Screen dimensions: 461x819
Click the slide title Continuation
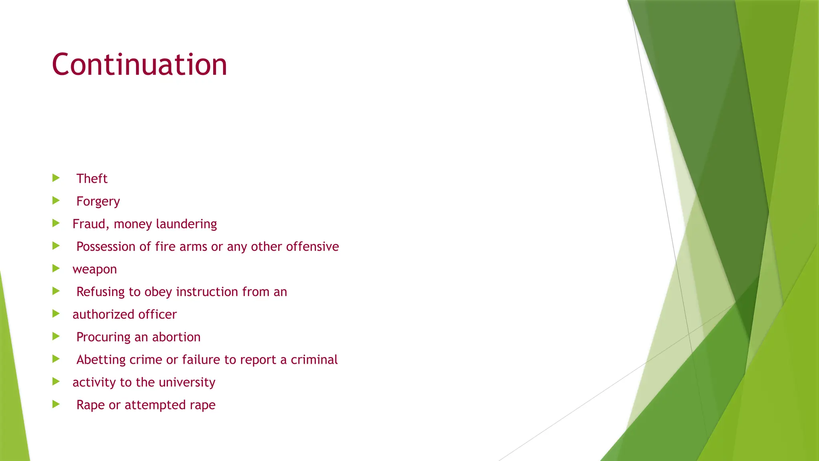point(139,64)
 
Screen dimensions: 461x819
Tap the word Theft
point(92,178)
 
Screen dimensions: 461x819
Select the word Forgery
point(98,201)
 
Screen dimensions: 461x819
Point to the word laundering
point(186,224)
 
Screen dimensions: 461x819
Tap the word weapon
point(94,270)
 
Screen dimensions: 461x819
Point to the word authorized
point(104,315)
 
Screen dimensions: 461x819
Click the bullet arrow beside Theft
point(56,178)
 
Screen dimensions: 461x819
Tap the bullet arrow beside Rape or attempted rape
point(56,404)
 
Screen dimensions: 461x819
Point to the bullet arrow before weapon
point(56,269)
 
